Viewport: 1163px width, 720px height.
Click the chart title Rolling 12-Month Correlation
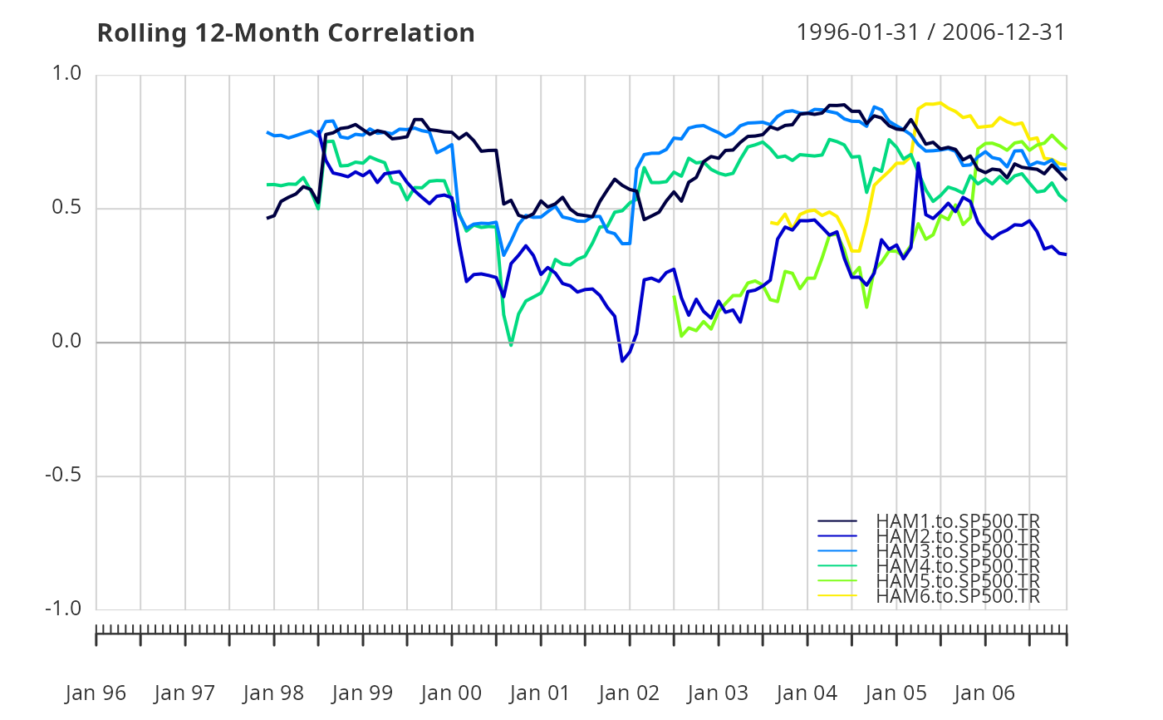tap(286, 33)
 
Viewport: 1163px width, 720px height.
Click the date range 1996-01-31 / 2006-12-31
tap(930, 32)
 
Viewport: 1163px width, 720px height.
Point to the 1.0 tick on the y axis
tap(66, 73)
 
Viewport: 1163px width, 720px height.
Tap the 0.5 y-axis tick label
tap(66, 207)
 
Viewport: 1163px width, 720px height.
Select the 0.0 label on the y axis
tap(66, 341)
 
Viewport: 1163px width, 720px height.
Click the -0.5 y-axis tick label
tap(63, 475)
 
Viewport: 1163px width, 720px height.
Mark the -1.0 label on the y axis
tap(63, 609)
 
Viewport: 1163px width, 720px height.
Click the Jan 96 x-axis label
tap(96, 693)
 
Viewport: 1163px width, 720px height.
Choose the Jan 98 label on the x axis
tap(273, 693)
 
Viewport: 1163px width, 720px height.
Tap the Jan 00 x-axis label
tap(451, 693)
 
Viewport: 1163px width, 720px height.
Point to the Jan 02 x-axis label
tap(629, 693)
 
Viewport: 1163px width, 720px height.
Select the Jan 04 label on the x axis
tap(807, 693)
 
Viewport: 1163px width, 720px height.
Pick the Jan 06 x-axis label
tap(984, 693)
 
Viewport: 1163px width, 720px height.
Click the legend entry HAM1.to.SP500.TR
tap(958, 521)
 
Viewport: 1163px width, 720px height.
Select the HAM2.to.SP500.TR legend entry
tap(958, 536)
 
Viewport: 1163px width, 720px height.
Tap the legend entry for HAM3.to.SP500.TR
tap(958, 550)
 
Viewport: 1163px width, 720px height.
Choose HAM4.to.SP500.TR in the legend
tap(958, 565)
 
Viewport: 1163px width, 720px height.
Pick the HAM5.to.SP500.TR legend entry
tap(958, 581)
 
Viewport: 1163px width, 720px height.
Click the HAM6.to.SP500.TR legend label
tap(958, 596)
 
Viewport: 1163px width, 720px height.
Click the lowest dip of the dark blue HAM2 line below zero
tap(622, 361)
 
